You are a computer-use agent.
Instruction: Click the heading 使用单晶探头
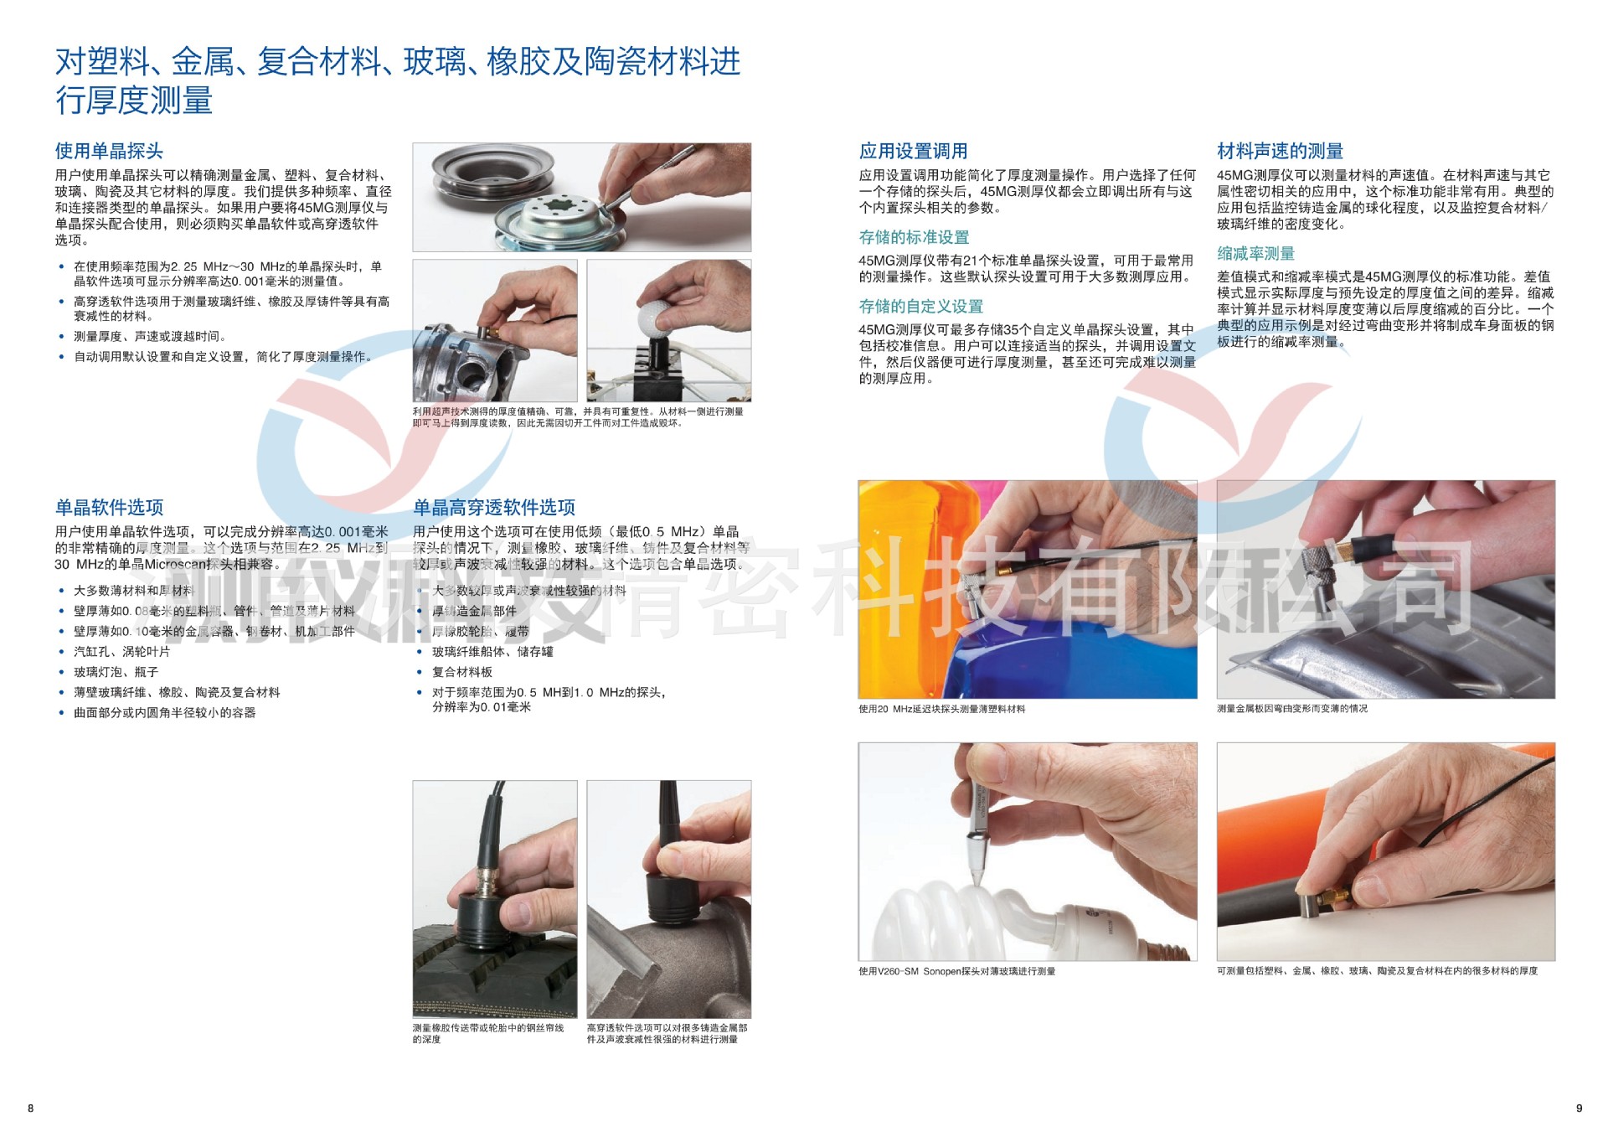click(109, 151)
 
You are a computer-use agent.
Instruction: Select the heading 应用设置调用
click(913, 151)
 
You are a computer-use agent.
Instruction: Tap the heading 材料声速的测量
click(1280, 151)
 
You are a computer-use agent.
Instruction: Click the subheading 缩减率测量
click(1255, 253)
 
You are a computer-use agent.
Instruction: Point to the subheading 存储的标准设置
click(914, 237)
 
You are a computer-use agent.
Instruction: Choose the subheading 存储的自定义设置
click(920, 307)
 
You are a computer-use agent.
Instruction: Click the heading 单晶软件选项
click(109, 507)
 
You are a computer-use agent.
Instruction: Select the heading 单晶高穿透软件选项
click(494, 507)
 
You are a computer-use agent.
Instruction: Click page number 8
click(31, 1109)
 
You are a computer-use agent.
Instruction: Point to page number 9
click(1580, 1109)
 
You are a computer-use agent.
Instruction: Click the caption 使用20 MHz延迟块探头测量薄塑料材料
click(941, 709)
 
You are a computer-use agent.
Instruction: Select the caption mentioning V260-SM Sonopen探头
click(956, 971)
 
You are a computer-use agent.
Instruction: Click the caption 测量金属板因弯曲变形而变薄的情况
click(1291, 709)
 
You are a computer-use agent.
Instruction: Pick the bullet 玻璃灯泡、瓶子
click(116, 672)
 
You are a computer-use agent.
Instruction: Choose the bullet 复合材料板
click(461, 672)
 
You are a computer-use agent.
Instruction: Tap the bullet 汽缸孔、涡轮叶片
click(121, 651)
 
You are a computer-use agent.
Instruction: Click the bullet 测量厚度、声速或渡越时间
click(149, 336)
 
